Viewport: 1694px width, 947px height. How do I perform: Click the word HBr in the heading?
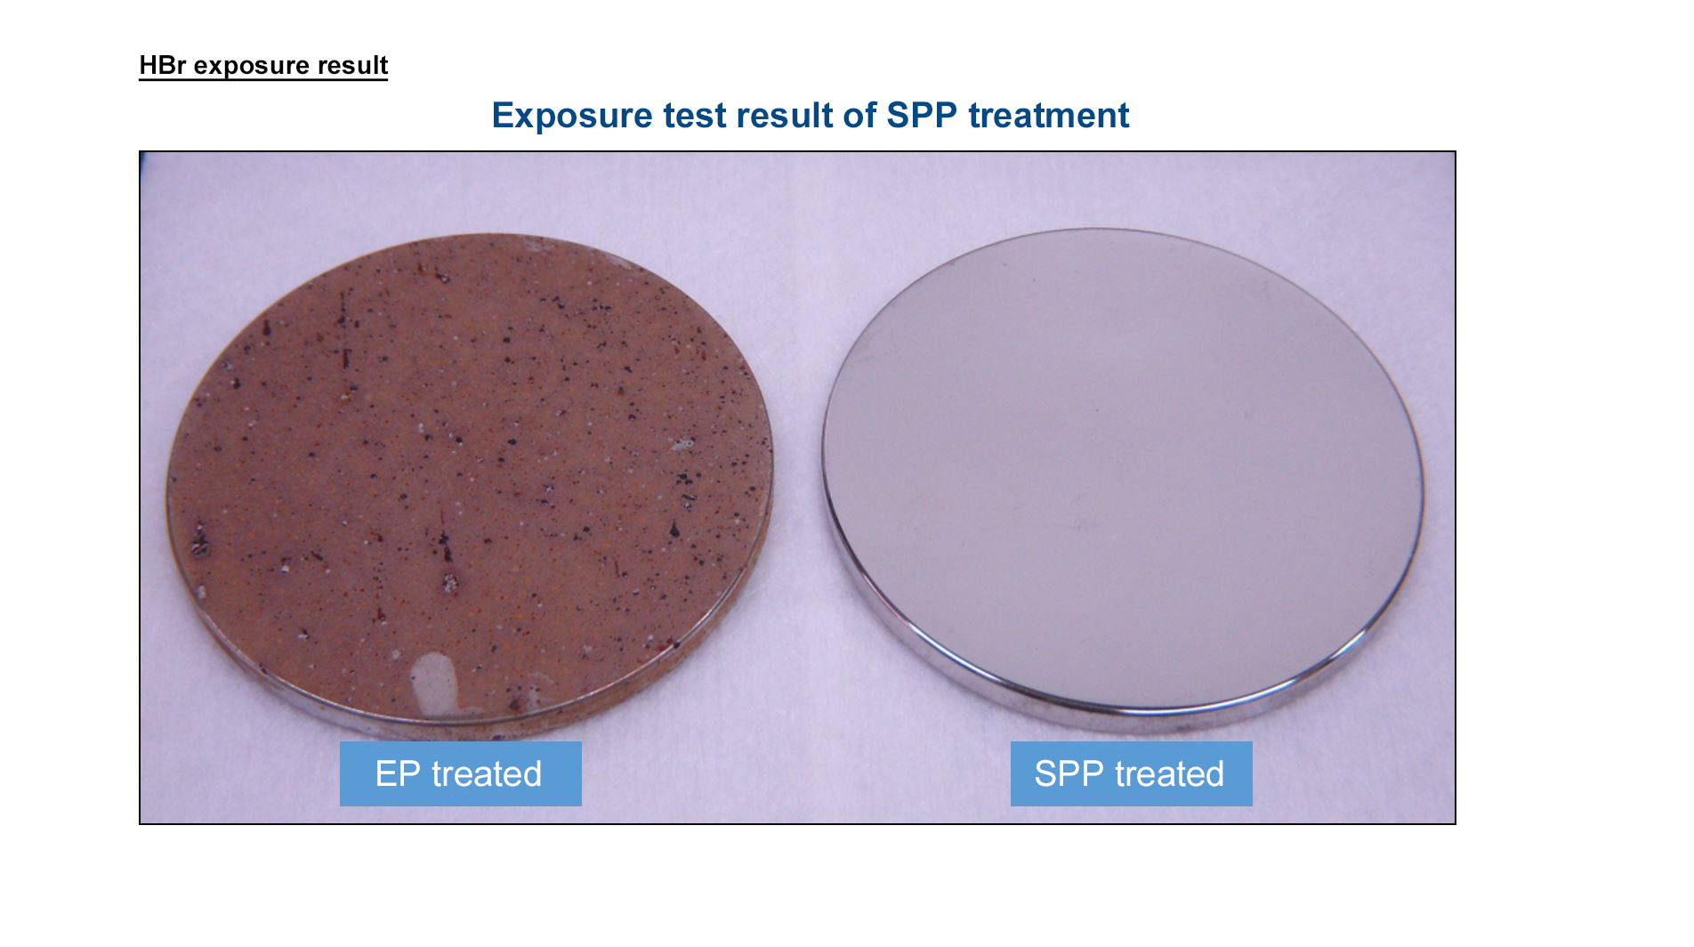[163, 65]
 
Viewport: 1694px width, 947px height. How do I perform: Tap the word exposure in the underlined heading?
[250, 67]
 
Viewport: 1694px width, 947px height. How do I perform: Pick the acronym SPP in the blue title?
[922, 116]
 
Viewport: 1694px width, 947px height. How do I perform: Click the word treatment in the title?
[1049, 116]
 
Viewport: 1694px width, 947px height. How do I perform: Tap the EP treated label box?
[461, 773]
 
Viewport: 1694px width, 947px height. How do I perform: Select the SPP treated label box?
[1131, 773]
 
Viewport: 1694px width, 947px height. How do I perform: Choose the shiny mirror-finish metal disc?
[1123, 472]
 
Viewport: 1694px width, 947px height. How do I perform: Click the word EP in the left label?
[398, 773]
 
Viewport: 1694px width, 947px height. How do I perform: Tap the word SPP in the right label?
[1069, 773]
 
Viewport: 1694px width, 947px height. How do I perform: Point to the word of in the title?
[858, 116]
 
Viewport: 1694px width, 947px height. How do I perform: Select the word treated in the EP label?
[487, 773]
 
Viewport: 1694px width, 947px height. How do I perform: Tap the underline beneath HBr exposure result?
[263, 79]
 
